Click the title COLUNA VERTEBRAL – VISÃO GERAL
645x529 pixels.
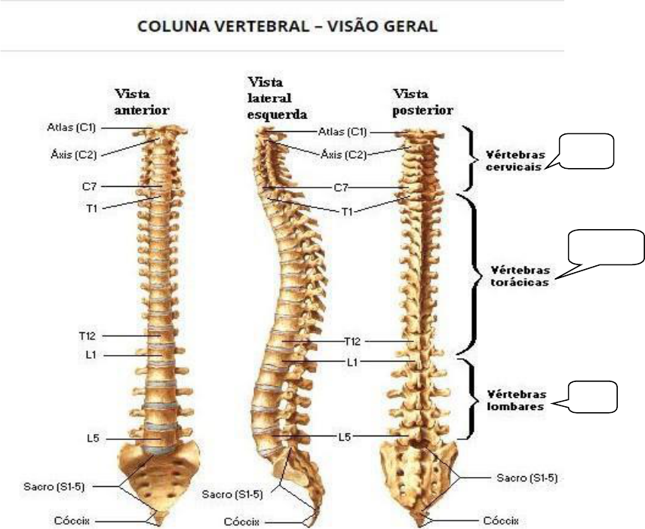tap(286, 26)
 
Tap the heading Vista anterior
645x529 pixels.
tap(141, 100)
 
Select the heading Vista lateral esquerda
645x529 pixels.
tap(277, 98)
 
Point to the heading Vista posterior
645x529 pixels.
tap(423, 102)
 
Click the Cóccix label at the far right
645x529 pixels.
tap(501, 520)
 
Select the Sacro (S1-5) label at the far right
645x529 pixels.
tap(527, 478)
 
